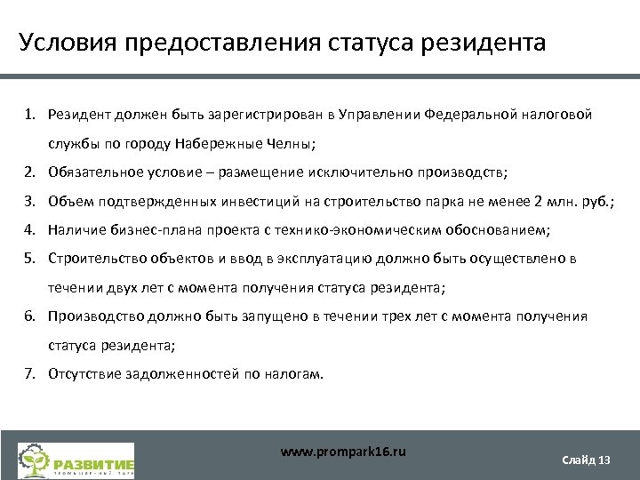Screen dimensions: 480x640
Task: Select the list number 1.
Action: (x=29, y=115)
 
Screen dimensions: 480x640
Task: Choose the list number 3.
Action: (x=29, y=202)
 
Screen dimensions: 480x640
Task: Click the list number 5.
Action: (x=29, y=259)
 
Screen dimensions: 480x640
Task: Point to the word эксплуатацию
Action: (x=359, y=259)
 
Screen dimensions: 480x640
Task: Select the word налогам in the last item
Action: (x=294, y=373)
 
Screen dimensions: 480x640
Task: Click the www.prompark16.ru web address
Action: (x=343, y=452)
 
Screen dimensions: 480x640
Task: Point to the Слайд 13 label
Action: (x=587, y=460)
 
